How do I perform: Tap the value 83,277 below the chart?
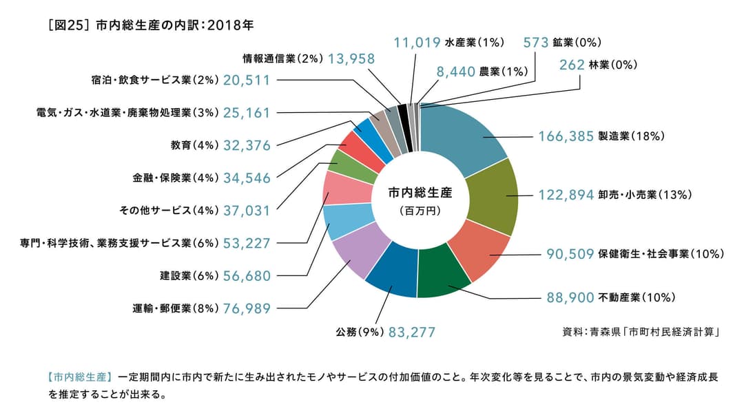coord(412,332)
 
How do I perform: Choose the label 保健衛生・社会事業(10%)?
coord(661,253)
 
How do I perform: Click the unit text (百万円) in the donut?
coord(419,211)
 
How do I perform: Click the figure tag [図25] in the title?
coord(65,25)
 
